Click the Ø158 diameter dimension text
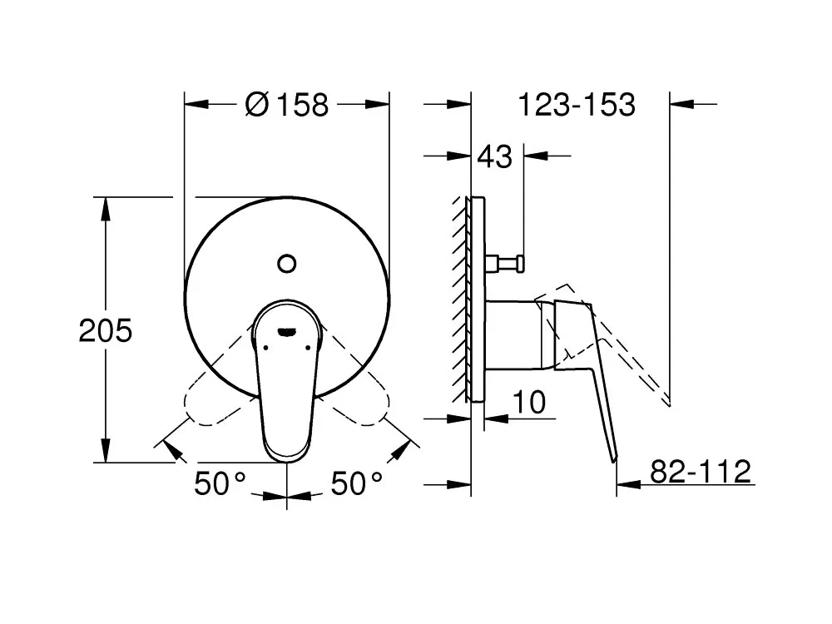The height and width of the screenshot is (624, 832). pos(287,105)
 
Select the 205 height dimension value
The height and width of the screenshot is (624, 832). pos(105,330)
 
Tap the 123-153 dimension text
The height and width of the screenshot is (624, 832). pos(577,105)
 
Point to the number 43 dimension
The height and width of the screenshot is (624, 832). pos(494,156)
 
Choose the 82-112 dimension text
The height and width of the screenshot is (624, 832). pos(701,471)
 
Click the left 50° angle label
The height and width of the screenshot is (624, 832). pos(220,483)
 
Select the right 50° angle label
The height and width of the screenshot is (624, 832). pos(357,483)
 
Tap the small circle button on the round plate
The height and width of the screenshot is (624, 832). pos(287,264)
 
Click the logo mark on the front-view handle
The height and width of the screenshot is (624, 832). pos(287,332)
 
